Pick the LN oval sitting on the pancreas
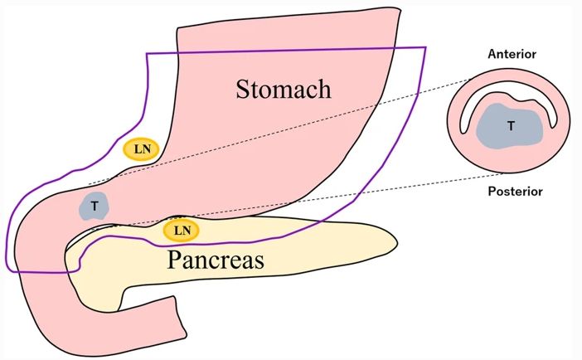pos(182,228)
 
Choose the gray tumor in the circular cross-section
pos(510,126)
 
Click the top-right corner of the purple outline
pos(424,47)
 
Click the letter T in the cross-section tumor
pos(511,126)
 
